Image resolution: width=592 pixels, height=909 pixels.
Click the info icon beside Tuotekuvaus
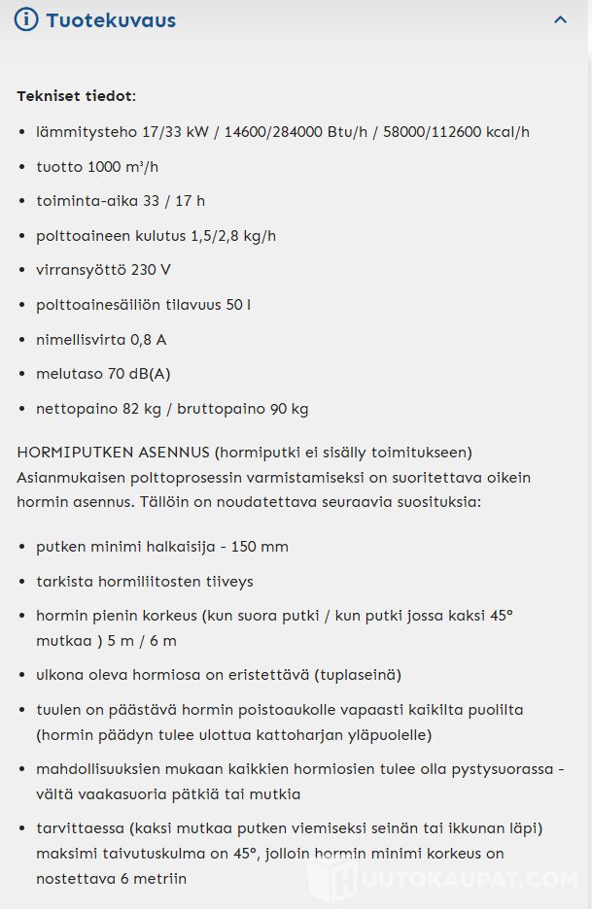click(x=26, y=19)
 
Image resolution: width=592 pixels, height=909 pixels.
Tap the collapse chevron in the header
click(x=560, y=19)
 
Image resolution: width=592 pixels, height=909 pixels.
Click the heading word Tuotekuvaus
click(x=111, y=20)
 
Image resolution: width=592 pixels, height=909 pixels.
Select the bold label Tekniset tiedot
click(x=76, y=96)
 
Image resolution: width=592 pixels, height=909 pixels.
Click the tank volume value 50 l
click(x=238, y=305)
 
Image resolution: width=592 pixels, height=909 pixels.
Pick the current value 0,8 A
click(x=149, y=340)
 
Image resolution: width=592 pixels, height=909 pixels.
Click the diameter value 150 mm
click(x=260, y=547)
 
